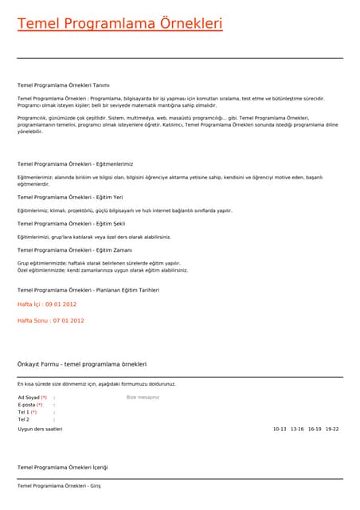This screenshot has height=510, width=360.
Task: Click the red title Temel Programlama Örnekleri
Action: point(119,24)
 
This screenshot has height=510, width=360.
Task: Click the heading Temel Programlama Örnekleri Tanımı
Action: point(63,84)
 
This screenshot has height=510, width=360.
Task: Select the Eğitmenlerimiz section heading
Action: point(75,163)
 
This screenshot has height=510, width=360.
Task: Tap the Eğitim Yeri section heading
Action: point(70,197)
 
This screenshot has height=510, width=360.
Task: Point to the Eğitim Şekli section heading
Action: point(71,223)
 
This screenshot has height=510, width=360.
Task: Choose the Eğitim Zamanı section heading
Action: point(73,249)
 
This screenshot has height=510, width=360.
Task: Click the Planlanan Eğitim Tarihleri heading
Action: point(88,290)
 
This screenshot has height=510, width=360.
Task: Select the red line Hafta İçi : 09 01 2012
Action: point(47,304)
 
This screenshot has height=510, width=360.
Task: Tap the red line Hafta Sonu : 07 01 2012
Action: point(50,320)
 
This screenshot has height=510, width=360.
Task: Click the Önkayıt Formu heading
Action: point(82,364)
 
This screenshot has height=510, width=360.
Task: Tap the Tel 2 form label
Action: point(23,419)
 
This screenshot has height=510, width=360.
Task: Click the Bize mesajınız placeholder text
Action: point(143,397)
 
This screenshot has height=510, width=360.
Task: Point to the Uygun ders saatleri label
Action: point(40,429)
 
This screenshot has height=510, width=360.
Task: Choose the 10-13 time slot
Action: point(280,429)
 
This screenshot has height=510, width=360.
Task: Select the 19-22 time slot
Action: point(332,429)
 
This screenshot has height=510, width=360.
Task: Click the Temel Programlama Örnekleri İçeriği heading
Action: point(62,467)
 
